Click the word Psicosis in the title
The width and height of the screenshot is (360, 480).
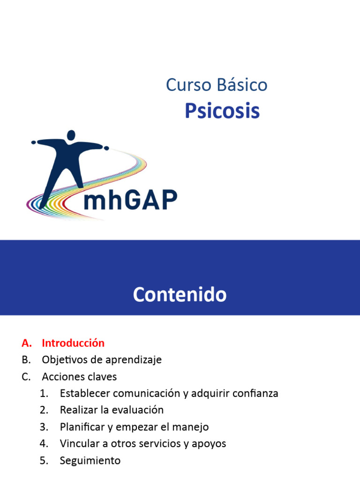click(222, 111)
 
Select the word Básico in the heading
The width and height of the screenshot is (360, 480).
click(242, 85)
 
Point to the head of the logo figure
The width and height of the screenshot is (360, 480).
click(71, 135)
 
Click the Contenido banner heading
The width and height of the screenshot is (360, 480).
click(180, 295)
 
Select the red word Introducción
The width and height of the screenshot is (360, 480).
click(73, 343)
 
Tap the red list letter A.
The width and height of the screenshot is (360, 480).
click(26, 343)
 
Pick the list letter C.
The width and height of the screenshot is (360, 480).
click(26, 376)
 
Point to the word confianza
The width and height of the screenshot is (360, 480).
click(257, 393)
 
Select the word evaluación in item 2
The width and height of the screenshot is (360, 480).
click(139, 410)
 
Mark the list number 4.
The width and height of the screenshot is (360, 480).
click(44, 443)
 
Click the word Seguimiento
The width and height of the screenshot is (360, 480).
click(90, 460)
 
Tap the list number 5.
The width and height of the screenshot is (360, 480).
click(44, 460)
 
